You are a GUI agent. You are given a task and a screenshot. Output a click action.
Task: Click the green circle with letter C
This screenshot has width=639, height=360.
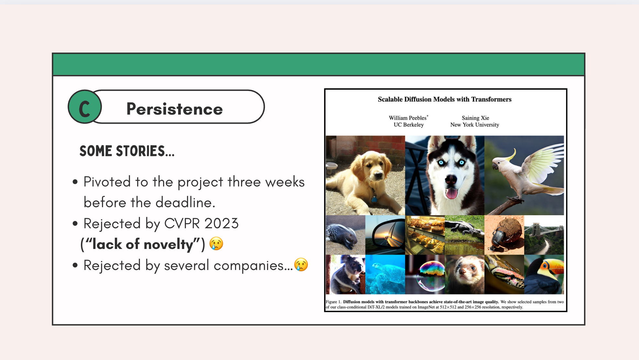[x=85, y=107]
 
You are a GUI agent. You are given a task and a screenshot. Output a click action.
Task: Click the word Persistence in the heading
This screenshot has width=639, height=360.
[x=174, y=109]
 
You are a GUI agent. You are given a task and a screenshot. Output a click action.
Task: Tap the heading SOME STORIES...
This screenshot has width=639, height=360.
[x=127, y=151]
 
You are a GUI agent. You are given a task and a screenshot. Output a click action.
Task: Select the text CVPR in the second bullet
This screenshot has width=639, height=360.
[x=182, y=223]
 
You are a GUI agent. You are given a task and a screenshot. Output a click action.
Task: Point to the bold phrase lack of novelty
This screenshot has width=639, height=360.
[x=142, y=244]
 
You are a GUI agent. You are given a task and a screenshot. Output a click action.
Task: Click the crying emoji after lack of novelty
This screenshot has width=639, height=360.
[x=216, y=243]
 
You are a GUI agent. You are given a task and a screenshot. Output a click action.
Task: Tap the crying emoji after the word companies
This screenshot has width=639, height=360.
[x=301, y=264]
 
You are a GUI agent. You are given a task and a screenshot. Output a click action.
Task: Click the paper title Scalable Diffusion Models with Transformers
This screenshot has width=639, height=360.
[x=445, y=99]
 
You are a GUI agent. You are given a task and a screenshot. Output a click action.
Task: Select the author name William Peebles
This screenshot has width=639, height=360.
[x=408, y=118]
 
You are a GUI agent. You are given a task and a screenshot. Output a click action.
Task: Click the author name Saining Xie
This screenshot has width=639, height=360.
[x=475, y=118]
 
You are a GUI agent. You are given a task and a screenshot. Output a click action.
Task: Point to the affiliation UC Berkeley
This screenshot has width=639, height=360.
[x=409, y=125]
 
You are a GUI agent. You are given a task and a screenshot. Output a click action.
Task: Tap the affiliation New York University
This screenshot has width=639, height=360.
[x=475, y=125]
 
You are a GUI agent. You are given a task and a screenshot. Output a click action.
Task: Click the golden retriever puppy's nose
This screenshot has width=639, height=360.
[x=378, y=176]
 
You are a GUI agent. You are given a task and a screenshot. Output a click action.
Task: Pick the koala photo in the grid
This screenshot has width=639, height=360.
[x=345, y=275]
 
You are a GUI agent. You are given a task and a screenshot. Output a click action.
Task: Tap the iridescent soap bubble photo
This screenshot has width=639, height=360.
[x=425, y=275]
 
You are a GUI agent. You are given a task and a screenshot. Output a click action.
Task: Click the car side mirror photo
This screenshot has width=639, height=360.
[x=385, y=235]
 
